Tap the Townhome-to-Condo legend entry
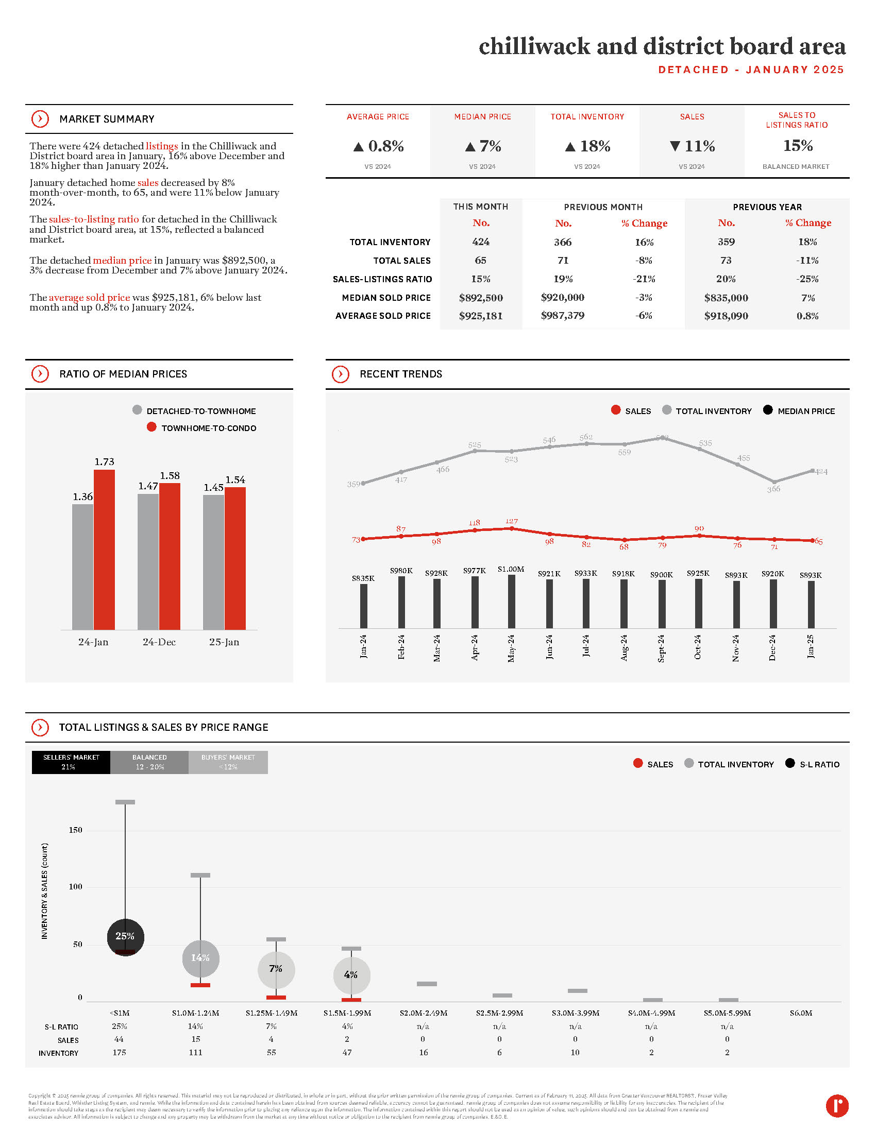point(202,428)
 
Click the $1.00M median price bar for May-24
point(511,601)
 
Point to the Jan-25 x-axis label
point(811,646)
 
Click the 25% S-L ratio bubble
point(125,936)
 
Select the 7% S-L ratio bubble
point(276,969)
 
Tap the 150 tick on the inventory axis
point(76,830)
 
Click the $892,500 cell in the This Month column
point(481,298)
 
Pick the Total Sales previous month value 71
point(563,261)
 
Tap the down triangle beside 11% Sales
point(675,146)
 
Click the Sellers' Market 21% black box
point(71,762)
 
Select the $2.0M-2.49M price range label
point(424,1012)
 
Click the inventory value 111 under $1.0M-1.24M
point(195,1052)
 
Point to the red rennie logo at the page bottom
point(836,1106)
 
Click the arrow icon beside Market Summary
point(40,119)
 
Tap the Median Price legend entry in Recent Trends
point(799,411)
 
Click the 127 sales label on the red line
point(512,521)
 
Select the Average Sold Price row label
point(383,316)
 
